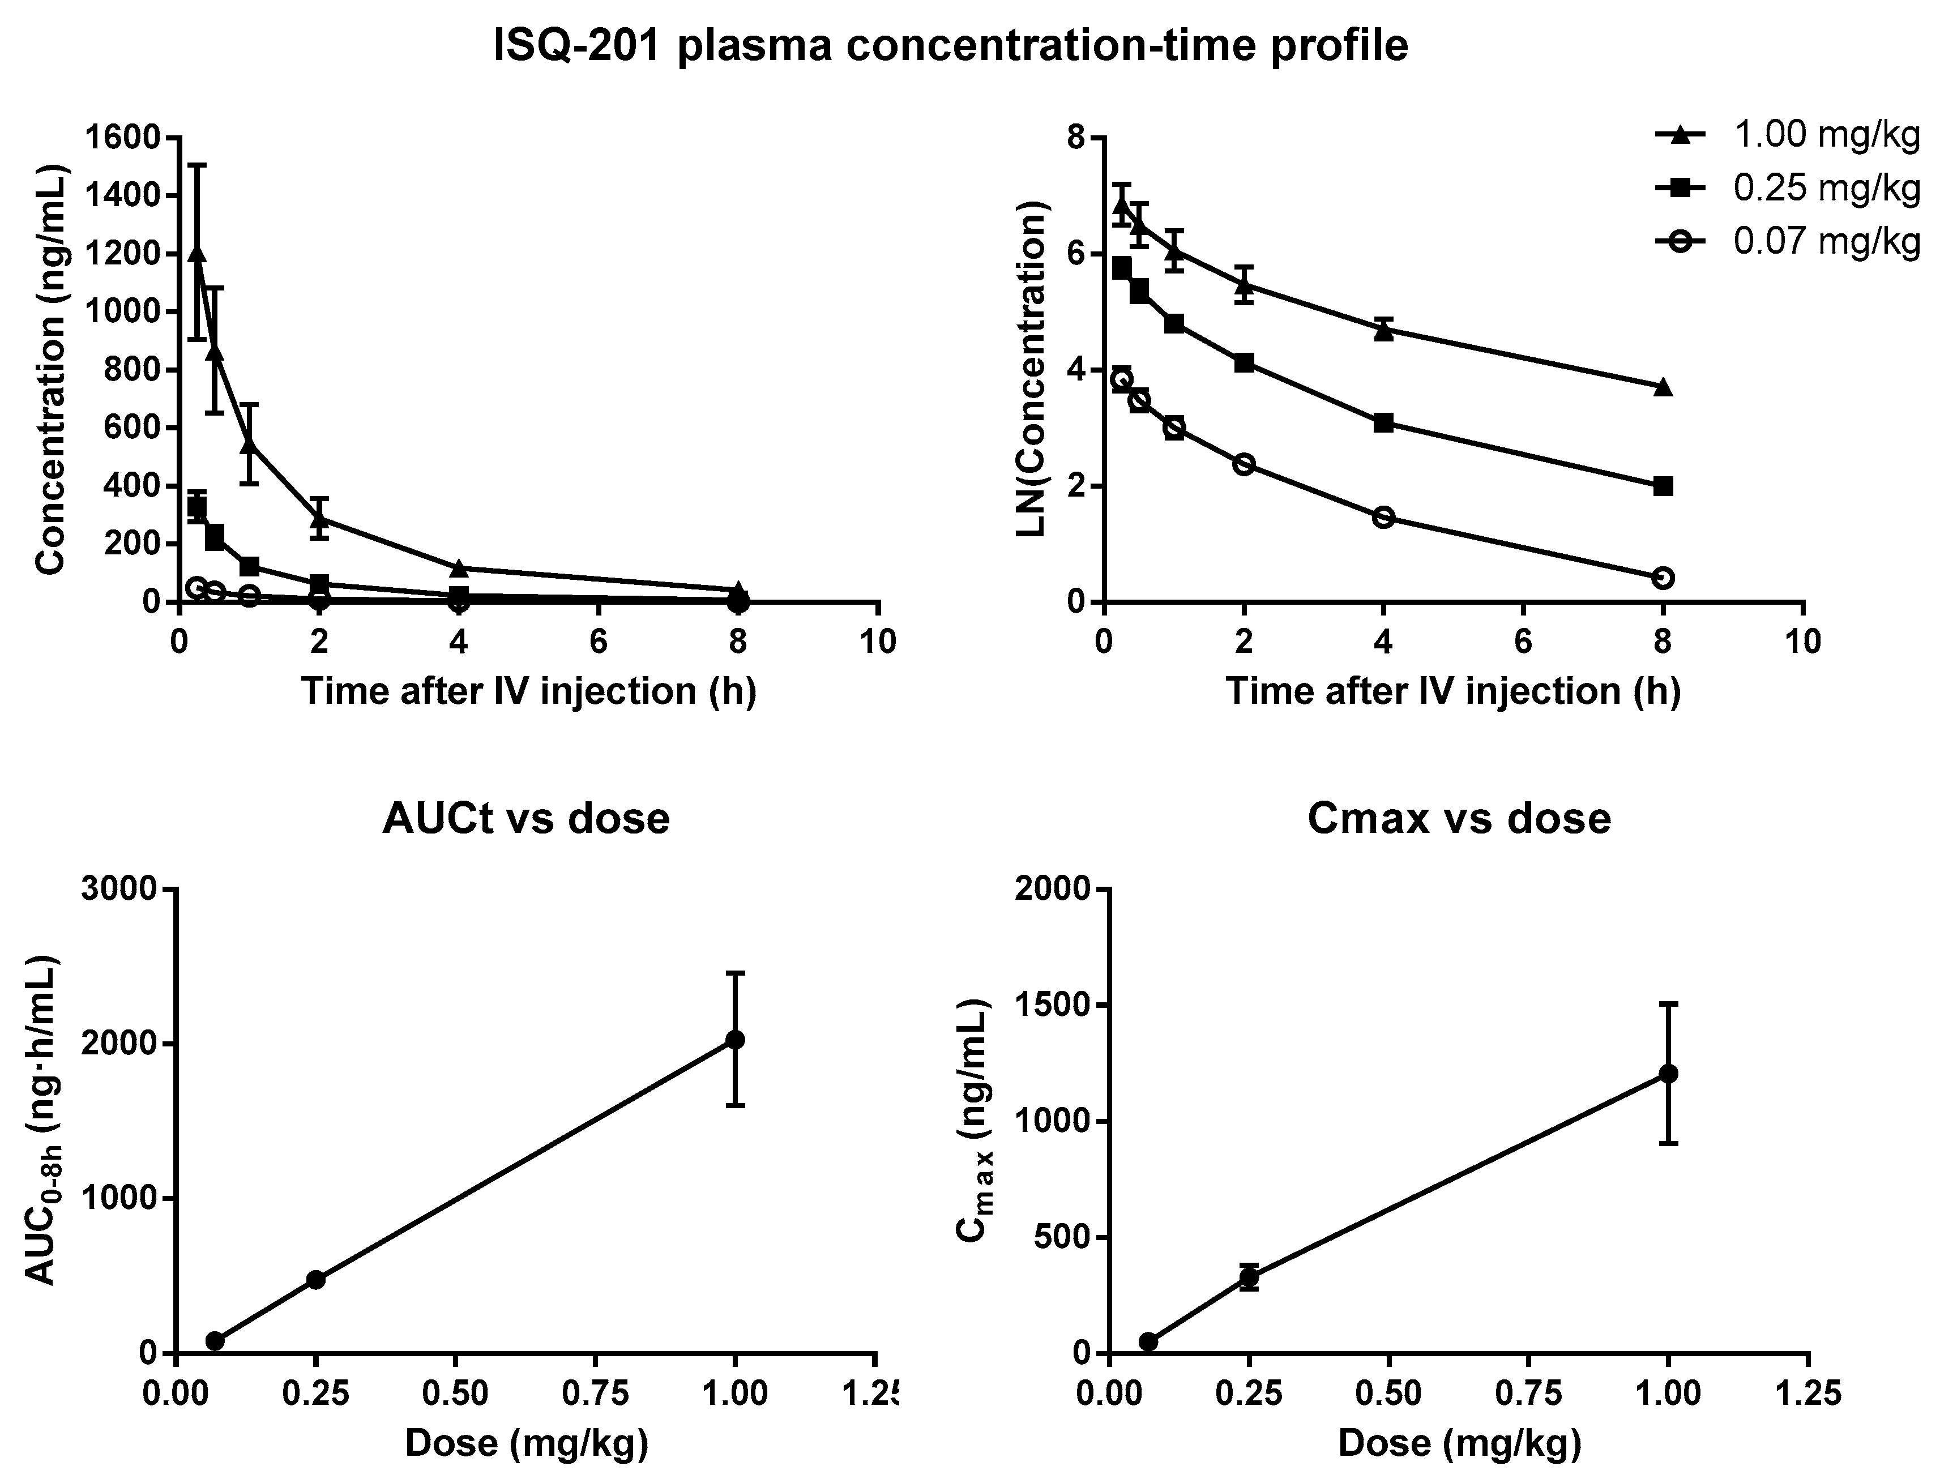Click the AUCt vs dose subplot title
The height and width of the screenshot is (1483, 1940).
(x=526, y=819)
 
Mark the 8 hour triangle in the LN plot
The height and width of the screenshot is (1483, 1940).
(x=1663, y=387)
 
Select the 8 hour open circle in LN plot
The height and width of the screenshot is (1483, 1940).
(x=1663, y=578)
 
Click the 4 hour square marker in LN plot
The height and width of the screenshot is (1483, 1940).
(x=1383, y=423)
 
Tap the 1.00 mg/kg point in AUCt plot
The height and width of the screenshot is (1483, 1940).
(x=734, y=1040)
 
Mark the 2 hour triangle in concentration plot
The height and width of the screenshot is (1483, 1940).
(x=319, y=518)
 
